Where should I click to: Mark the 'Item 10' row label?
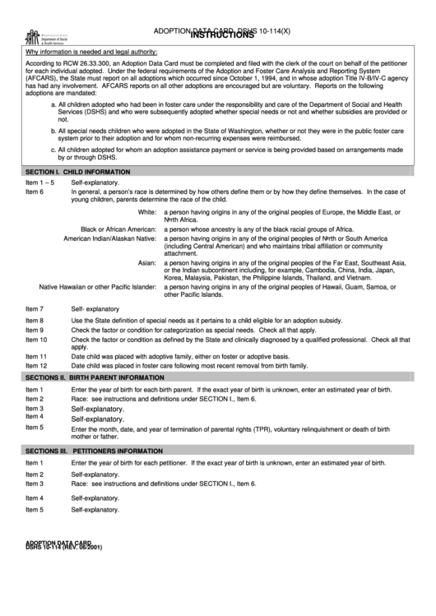click(36, 339)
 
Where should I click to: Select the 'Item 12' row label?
click(36, 364)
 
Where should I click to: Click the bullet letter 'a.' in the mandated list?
click(53, 105)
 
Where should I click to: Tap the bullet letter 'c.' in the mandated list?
click(53, 150)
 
